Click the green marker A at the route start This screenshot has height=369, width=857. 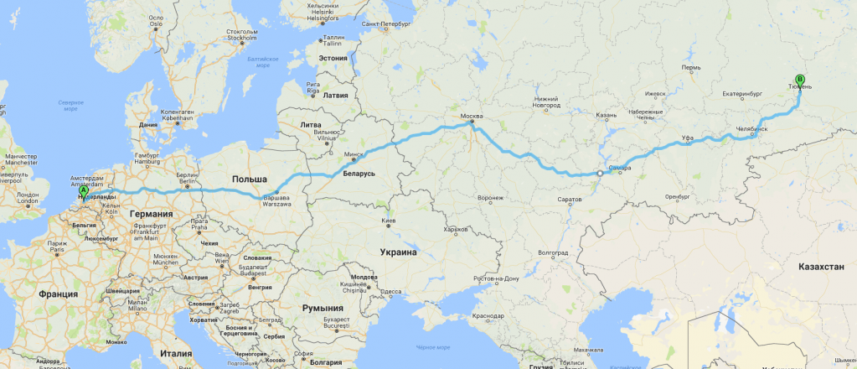(84, 190)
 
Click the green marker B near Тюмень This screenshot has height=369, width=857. (798, 81)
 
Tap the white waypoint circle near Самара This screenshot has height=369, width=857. (599, 174)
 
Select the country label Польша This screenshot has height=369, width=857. (249, 179)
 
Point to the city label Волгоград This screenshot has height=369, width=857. (553, 252)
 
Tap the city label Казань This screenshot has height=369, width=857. (607, 114)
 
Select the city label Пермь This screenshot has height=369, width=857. (691, 67)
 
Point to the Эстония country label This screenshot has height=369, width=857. (332, 58)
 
